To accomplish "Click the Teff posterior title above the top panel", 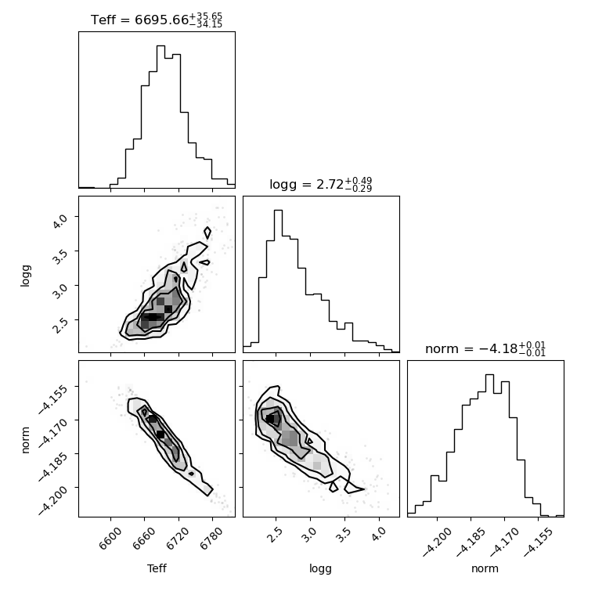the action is tap(157, 20).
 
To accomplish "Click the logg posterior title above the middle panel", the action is tap(321, 185).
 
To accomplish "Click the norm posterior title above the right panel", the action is tap(485, 348).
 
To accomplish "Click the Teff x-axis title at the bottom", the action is tap(157, 568).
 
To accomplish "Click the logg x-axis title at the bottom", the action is tap(321, 569).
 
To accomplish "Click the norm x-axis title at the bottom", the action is tap(485, 568).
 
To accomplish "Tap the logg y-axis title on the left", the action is tap(25, 276).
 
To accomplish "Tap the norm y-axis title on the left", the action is tap(25, 440).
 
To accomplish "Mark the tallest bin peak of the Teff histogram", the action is tap(161, 46).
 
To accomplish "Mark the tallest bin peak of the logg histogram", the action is tap(278, 211).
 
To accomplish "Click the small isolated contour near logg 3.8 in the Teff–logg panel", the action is tap(207, 233).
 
